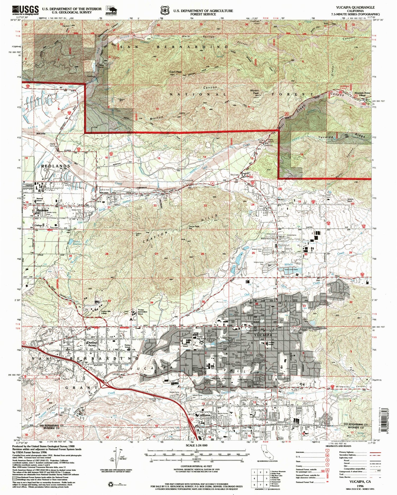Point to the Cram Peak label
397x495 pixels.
tap(175, 72)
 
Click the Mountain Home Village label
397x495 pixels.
tap(362, 94)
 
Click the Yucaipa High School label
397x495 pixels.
tap(201, 338)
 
